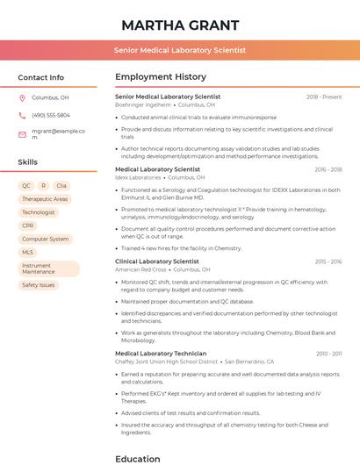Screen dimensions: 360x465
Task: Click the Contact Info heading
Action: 40,77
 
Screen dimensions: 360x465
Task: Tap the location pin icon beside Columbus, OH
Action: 22,98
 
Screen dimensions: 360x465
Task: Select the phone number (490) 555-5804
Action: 51,115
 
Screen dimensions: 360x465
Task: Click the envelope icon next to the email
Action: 22,134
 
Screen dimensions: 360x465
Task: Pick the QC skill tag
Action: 26,186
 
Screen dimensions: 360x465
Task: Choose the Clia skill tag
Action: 61,186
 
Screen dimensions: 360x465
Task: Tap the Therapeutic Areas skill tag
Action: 45,199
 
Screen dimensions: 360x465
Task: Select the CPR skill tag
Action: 28,225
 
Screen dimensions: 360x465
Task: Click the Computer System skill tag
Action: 46,239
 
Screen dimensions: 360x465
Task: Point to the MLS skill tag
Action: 28,252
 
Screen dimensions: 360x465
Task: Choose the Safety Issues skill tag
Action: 39,285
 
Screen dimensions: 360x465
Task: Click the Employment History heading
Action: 161,77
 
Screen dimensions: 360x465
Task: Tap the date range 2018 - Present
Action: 324,97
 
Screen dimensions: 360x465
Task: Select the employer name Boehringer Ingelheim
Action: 142,104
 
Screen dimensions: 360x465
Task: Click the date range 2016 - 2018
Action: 328,169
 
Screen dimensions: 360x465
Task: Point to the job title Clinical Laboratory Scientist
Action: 157,261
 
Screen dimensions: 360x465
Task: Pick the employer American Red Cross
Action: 140,269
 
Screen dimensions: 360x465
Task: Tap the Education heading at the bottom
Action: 138,458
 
